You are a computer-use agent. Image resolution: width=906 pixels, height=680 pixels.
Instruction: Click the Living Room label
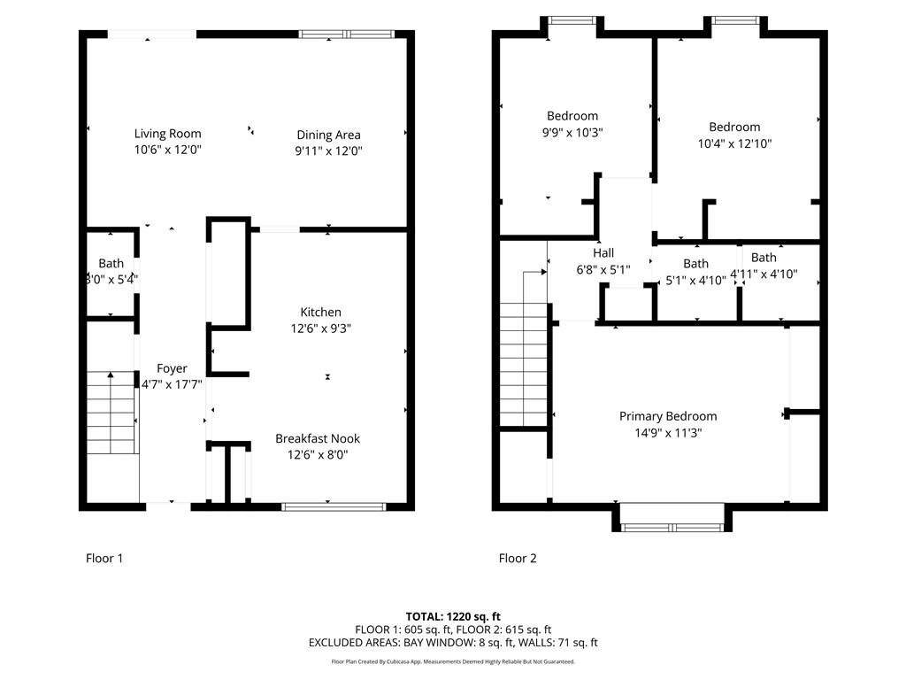coord(167,134)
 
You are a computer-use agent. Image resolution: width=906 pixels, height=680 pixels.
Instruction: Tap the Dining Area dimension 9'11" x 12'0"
coord(328,151)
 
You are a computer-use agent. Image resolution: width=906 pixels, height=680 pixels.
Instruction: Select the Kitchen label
coord(320,312)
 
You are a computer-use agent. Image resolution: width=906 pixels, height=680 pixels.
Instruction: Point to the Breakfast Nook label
coord(318,438)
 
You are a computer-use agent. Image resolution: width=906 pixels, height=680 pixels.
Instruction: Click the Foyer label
coord(172,368)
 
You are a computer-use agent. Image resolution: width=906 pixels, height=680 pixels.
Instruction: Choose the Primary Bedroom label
coord(667,416)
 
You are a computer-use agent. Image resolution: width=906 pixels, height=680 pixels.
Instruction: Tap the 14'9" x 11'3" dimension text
coord(667,433)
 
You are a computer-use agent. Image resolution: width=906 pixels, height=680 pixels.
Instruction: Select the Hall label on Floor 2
coord(603,253)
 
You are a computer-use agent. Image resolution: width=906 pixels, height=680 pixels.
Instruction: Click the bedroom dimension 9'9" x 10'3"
coord(572,132)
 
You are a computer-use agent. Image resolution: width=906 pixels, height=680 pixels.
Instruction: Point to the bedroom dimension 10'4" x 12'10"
coord(734,143)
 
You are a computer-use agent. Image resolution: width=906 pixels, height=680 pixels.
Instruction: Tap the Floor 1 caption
coord(104,558)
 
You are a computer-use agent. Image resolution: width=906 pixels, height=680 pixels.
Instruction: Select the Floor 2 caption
coord(518,558)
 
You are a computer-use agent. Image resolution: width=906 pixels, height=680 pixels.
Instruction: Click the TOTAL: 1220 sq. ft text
coord(453,616)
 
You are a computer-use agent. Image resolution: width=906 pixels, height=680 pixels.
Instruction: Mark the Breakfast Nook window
coord(334,506)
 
